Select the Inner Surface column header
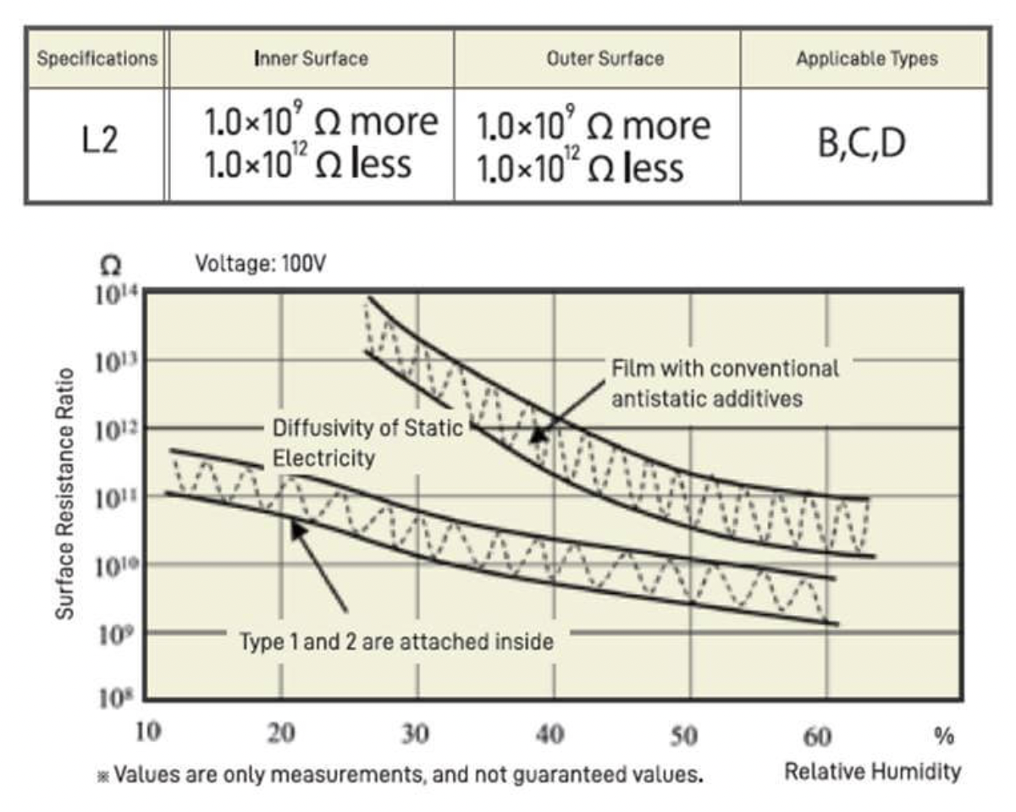point(311,59)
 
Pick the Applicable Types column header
point(866,59)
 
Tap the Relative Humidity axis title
point(872,771)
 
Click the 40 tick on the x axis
point(550,734)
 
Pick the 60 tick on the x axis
point(817,736)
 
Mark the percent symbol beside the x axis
point(944,736)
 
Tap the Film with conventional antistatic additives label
point(725,383)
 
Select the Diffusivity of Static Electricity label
point(367,443)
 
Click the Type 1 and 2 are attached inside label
point(397,641)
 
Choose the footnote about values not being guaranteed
point(401,773)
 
